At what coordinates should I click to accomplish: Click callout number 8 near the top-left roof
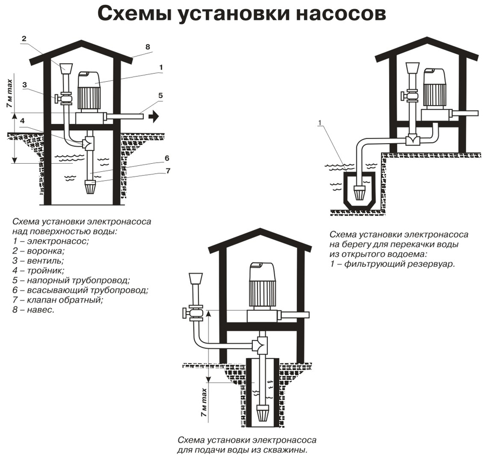pyautogui.click(x=148, y=47)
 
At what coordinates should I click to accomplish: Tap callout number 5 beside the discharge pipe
pyautogui.click(x=160, y=95)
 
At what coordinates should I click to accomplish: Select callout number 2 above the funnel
pyautogui.click(x=24, y=39)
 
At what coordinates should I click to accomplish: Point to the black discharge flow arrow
pyautogui.click(x=154, y=116)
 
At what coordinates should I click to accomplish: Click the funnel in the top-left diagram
pyautogui.click(x=66, y=68)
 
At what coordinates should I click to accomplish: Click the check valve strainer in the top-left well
pyautogui.click(x=90, y=187)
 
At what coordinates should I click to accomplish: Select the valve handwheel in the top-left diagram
pyautogui.click(x=57, y=99)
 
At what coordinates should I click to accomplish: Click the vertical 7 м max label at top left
pyautogui.click(x=10, y=93)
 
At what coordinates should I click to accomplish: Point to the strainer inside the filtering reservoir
pyautogui.click(x=359, y=192)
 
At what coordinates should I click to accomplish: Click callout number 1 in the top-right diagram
pyautogui.click(x=320, y=123)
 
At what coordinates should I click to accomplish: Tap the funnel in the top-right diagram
pyautogui.click(x=412, y=68)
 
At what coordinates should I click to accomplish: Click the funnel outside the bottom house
pyautogui.click(x=196, y=278)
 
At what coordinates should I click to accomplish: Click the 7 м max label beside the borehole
pyautogui.click(x=204, y=402)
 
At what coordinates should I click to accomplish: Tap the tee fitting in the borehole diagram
pyautogui.click(x=260, y=345)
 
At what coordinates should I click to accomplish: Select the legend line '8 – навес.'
pyautogui.click(x=33, y=310)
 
